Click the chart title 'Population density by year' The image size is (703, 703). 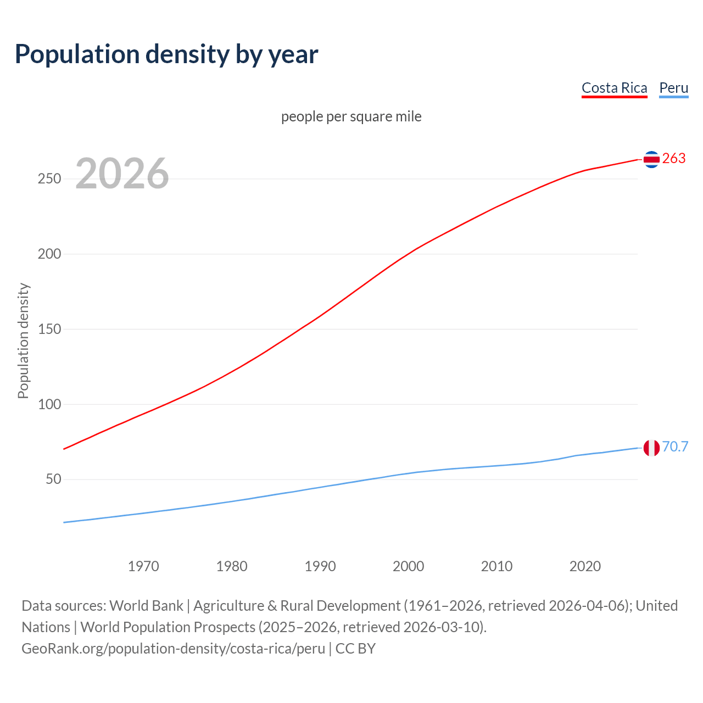166,54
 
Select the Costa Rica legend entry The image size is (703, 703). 614,88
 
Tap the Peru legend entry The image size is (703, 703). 673,88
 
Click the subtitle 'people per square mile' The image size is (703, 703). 351,116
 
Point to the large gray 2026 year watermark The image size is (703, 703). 122,174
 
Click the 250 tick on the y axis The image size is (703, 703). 49,179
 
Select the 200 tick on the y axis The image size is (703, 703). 49,254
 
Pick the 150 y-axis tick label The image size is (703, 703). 49,330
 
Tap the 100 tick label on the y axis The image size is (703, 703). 49,405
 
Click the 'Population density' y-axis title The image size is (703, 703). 23,341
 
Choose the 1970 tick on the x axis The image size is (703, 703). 143,566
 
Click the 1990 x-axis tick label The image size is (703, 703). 320,566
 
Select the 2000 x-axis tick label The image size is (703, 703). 408,566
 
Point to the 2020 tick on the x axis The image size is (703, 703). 585,566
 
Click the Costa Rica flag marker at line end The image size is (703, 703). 651,159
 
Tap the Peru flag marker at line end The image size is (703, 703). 651,448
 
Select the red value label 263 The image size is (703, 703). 674,159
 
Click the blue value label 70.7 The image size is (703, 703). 675,447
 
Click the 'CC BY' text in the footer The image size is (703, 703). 355,649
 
